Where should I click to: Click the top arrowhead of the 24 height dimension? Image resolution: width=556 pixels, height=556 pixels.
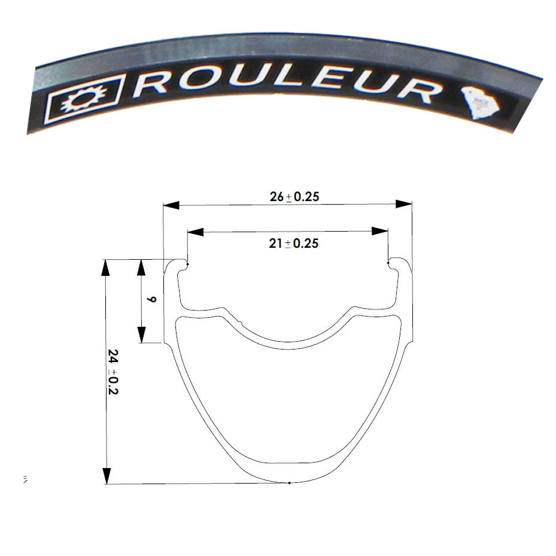106,268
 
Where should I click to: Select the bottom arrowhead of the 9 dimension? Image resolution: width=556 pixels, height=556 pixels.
142,335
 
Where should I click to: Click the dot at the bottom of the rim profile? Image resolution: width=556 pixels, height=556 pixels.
289,482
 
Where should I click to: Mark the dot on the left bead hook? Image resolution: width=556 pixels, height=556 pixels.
187,264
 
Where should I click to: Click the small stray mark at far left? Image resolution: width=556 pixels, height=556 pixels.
25,479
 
